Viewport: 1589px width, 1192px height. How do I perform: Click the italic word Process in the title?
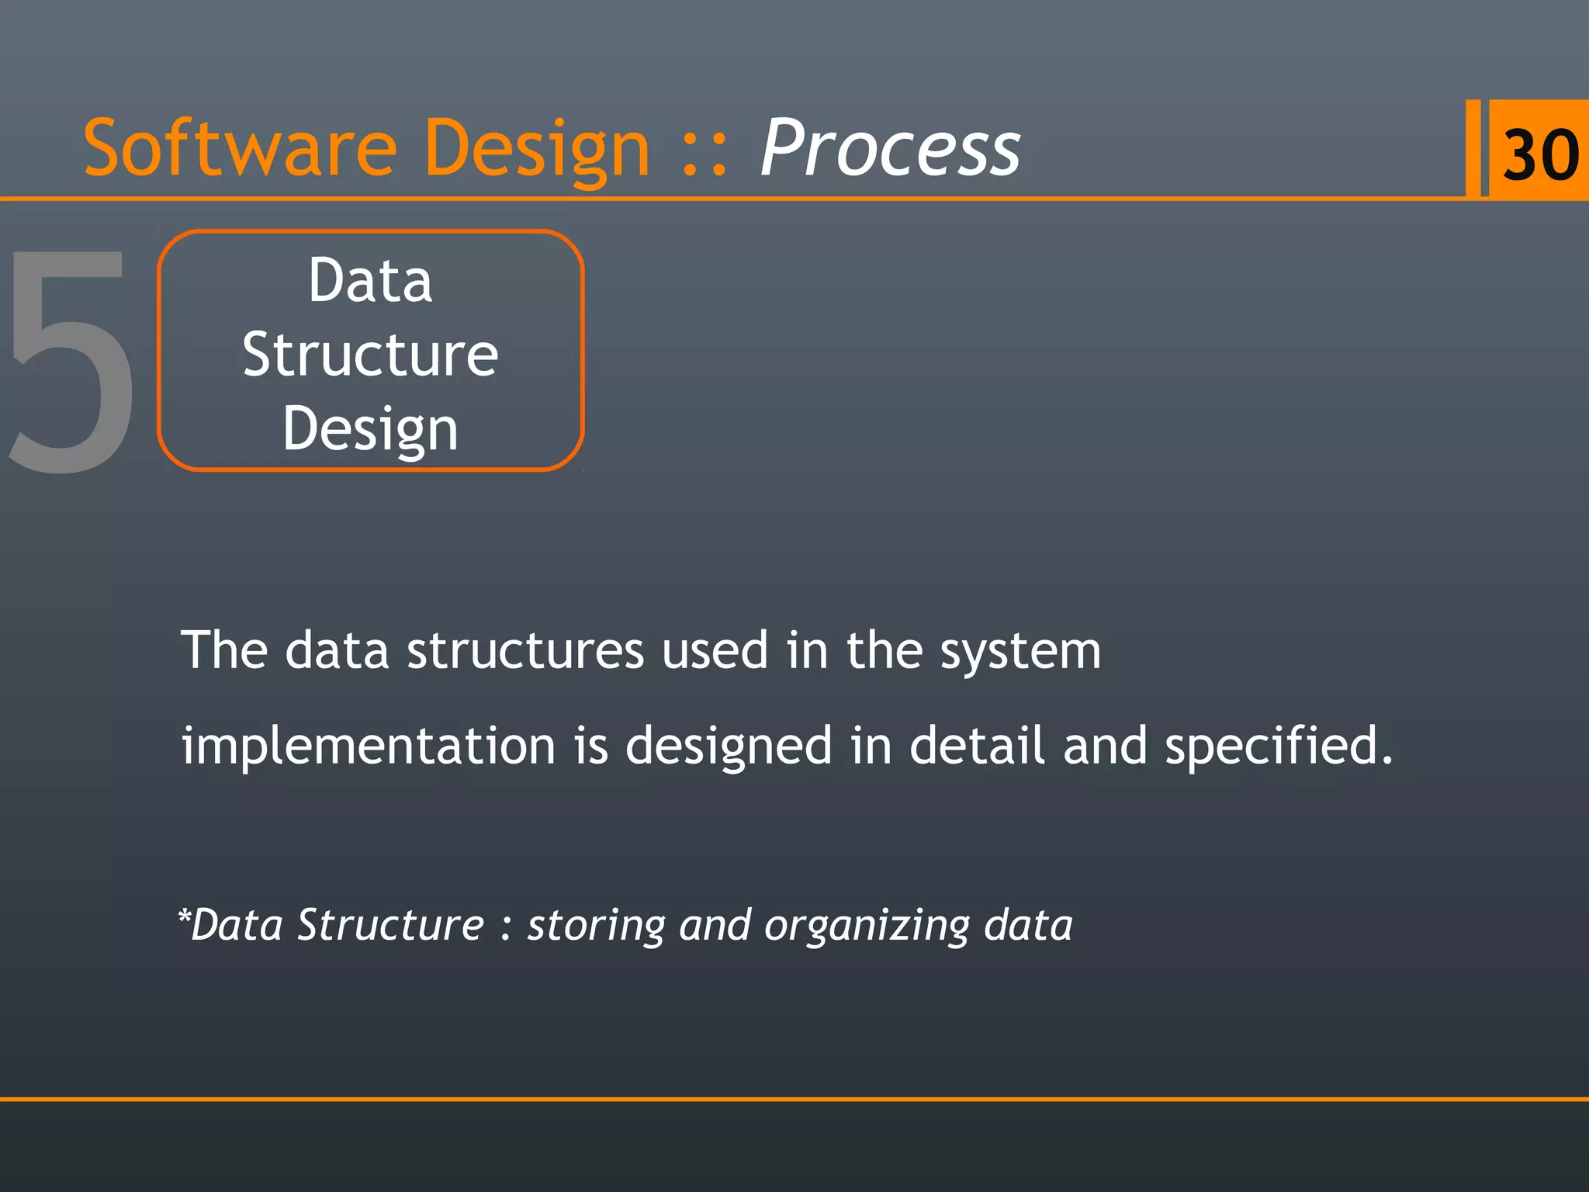[x=890, y=147]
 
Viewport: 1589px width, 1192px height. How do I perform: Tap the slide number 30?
[x=1540, y=154]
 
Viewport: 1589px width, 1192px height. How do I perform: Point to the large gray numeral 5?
[x=70, y=361]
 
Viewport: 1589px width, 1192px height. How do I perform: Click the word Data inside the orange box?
[x=370, y=281]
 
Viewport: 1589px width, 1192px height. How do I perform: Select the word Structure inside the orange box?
[x=370, y=355]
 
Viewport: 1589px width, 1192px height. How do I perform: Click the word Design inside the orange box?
[x=370, y=429]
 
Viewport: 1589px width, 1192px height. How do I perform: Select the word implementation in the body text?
[x=368, y=746]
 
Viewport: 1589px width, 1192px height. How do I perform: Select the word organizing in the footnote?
[x=867, y=926]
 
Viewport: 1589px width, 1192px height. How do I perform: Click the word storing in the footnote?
[x=596, y=926]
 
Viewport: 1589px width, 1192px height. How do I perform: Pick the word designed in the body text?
[x=729, y=746]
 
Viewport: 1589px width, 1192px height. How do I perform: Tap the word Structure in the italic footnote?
[x=390, y=925]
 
